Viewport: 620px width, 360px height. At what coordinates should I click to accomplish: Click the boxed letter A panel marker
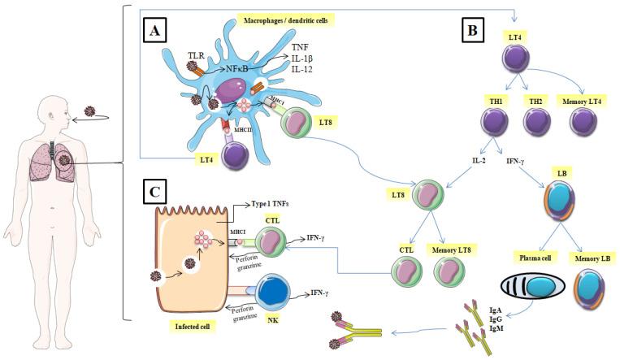[156, 32]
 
